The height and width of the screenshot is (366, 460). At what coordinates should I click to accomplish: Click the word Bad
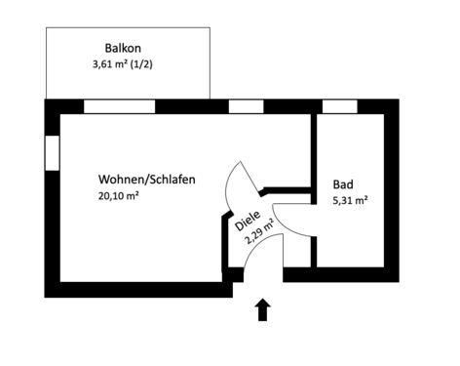pos(342,183)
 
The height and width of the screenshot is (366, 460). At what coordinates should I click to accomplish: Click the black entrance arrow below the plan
pos(261,309)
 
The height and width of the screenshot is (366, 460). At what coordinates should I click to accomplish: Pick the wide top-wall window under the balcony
pos(119,106)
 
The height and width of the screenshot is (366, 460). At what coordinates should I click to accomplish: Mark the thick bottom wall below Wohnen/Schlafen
pos(136,289)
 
